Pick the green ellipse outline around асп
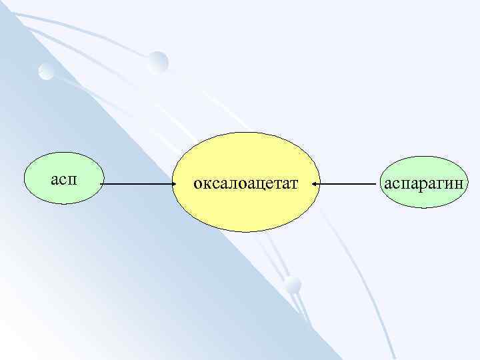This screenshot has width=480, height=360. [x=63, y=153]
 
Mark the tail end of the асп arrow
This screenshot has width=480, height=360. [x=103, y=183]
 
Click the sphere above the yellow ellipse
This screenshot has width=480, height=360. [x=159, y=62]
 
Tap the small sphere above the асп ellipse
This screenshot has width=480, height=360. [x=45, y=71]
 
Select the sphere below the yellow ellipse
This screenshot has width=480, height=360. [x=292, y=285]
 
